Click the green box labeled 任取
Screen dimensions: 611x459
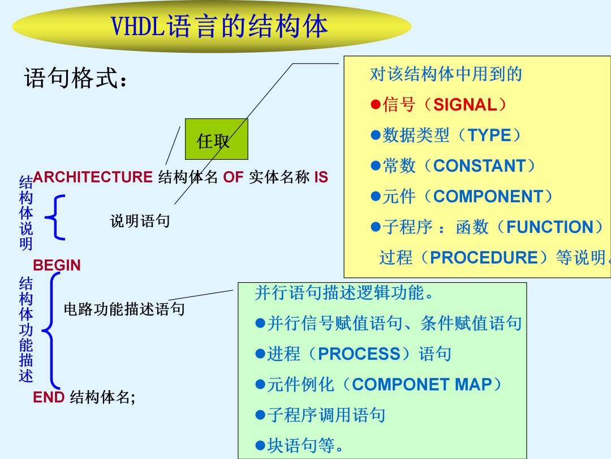216,139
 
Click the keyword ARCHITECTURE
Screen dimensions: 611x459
93,177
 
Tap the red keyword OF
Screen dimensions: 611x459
233,177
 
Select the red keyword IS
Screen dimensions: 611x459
321,177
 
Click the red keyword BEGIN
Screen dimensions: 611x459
57,265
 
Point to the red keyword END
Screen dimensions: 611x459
49,397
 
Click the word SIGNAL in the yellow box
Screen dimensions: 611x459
465,105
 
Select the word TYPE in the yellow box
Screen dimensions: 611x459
489,135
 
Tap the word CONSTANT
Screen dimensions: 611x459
480,166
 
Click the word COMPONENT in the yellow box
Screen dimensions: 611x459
488,196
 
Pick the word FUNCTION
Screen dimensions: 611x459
550,227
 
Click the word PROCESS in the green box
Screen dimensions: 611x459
359,354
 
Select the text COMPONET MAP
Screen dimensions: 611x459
422,384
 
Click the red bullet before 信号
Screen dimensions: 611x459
376,105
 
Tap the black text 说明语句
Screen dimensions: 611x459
140,221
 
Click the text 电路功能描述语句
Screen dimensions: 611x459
124,309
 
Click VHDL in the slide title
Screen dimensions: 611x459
139,27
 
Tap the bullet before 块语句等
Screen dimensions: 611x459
260,445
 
